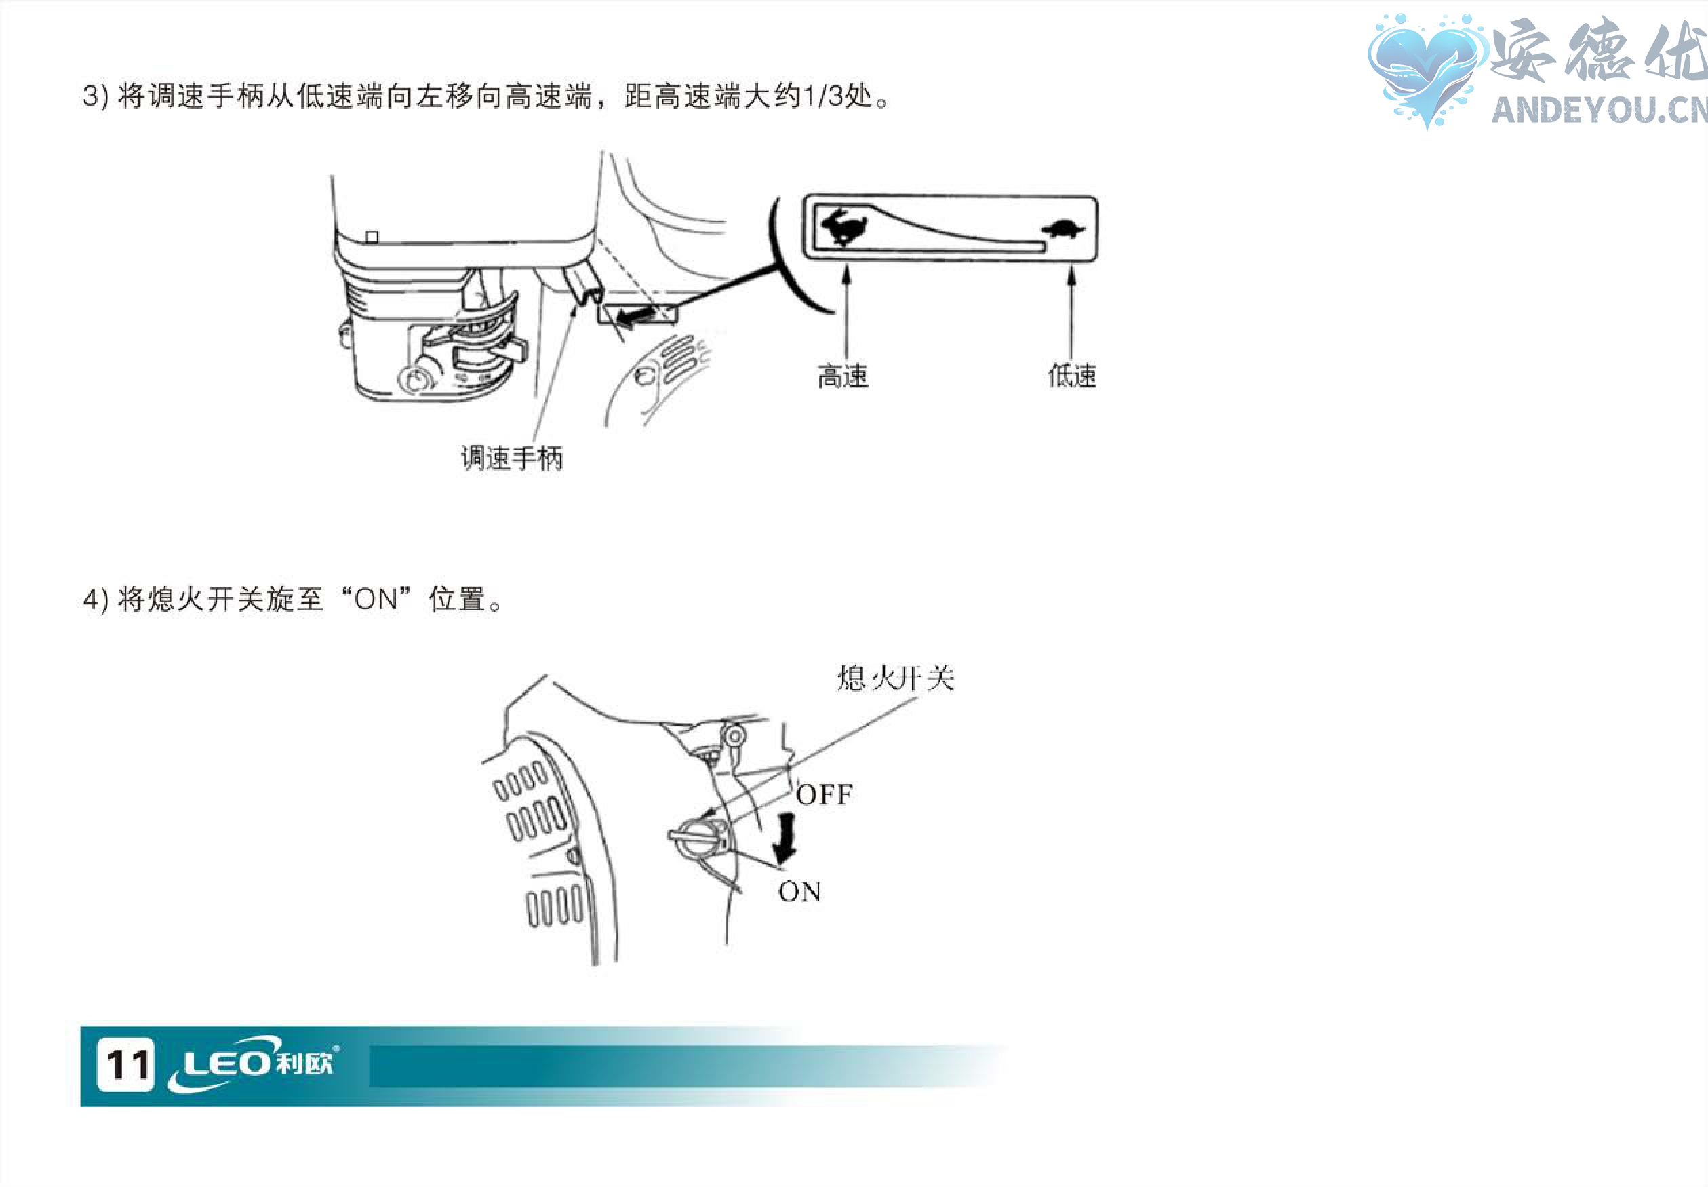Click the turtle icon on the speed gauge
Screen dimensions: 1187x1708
[x=1063, y=229]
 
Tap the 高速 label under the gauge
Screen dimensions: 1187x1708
[x=843, y=376]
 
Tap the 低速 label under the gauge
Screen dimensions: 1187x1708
[x=1072, y=376]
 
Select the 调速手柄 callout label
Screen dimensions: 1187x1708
[x=512, y=457]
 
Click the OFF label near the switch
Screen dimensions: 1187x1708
[x=825, y=795]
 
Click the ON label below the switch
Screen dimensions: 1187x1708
[x=799, y=891]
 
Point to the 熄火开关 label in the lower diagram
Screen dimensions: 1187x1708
[x=896, y=678]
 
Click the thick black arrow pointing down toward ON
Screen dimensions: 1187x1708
[x=784, y=839]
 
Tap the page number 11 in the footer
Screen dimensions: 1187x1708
[x=126, y=1065]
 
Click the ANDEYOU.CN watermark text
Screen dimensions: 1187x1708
[x=1598, y=110]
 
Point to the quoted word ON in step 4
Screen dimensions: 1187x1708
[x=376, y=600]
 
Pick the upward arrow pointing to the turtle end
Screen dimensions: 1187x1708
[x=1071, y=309]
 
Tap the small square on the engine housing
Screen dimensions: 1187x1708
[x=372, y=237]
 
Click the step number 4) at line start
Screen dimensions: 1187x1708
[x=96, y=600]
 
